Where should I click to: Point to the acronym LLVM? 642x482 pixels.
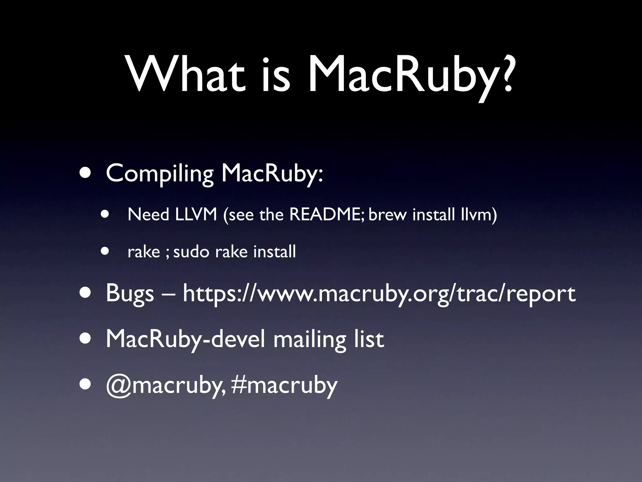point(196,215)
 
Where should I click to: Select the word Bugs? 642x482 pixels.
point(130,294)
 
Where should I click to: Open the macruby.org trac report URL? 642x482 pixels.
point(379,294)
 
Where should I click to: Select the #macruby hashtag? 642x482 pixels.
point(284,385)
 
